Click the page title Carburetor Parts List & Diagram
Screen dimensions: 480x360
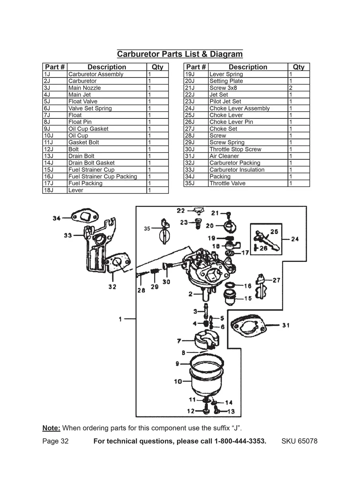[x=180, y=54]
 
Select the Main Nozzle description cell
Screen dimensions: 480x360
[x=85, y=88]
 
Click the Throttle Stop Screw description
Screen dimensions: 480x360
[x=235, y=149]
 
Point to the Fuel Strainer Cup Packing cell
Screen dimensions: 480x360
[x=103, y=176]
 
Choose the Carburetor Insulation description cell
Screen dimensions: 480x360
[x=237, y=170]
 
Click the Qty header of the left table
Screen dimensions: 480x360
[x=157, y=67]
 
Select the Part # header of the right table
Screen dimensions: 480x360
[x=196, y=67]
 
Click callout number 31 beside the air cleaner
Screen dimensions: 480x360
[x=286, y=325]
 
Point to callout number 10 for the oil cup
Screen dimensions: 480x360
[x=178, y=381]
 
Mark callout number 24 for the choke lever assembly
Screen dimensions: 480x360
[x=295, y=239]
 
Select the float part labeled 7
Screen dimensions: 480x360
[x=206, y=340]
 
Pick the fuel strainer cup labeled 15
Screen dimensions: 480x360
[x=232, y=296]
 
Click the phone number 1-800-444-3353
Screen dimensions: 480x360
[x=240, y=441]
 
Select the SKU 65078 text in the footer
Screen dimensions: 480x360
[x=299, y=441]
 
